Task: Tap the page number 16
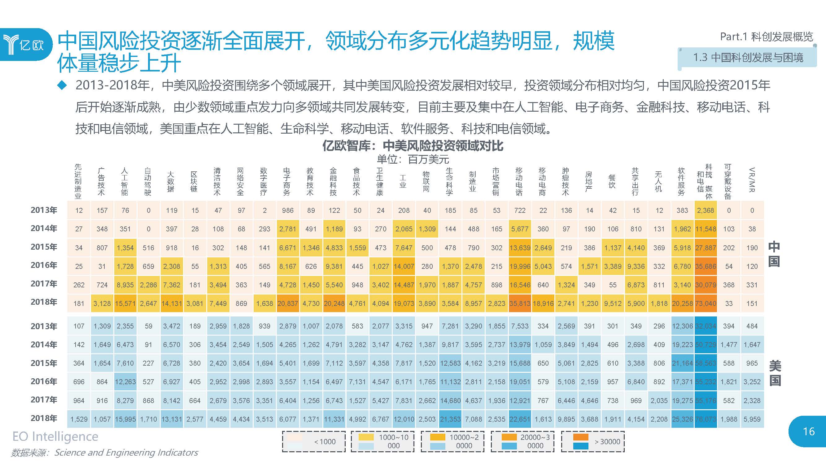pos(808,431)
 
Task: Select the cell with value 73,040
pos(706,303)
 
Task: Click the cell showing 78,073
pos(706,419)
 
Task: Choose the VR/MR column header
pos(752,180)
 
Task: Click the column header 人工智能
pos(125,182)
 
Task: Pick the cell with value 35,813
pos(519,303)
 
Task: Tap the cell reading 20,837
pos(288,303)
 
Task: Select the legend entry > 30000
pos(592,442)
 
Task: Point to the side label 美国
pos(775,373)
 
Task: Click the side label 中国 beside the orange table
pos(773,254)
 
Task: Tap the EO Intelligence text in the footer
pos(55,436)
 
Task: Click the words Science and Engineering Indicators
pos(126,453)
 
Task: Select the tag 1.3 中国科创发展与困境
pos(748,58)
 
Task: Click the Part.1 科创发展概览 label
pos(766,37)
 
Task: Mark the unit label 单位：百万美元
pos(413,159)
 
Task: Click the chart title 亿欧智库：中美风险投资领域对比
pos(413,146)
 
